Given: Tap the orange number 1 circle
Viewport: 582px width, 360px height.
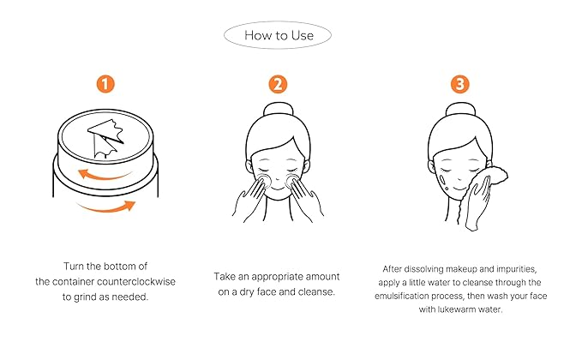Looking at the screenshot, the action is (105, 84).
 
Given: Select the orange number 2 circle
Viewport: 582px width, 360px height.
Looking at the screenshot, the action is (278, 84).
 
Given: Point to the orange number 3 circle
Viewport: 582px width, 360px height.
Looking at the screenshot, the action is (460, 84).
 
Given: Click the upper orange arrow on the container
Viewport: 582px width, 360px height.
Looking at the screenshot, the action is (104, 176).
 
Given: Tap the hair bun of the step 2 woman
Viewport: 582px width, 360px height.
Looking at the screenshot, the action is (278, 109).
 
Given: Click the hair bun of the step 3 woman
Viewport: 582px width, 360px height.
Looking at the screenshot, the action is (460, 109).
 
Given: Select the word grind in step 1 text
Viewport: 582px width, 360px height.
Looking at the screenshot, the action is (83, 297).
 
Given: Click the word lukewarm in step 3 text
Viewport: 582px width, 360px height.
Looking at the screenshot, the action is (453, 309).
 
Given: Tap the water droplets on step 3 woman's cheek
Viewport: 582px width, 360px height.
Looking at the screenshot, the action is (443, 183).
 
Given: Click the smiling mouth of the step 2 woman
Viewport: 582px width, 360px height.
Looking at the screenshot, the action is (278, 189).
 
